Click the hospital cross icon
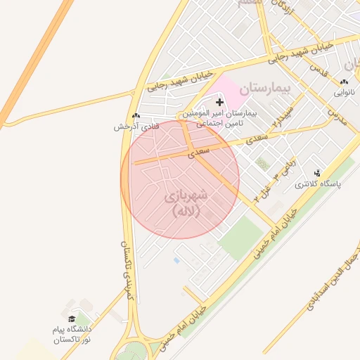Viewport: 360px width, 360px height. (219, 103)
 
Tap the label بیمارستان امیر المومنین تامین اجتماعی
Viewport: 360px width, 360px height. (220, 117)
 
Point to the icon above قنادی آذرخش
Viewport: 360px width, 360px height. (136, 116)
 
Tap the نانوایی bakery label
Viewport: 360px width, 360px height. (345, 92)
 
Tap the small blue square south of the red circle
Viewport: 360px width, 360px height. (176, 260)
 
